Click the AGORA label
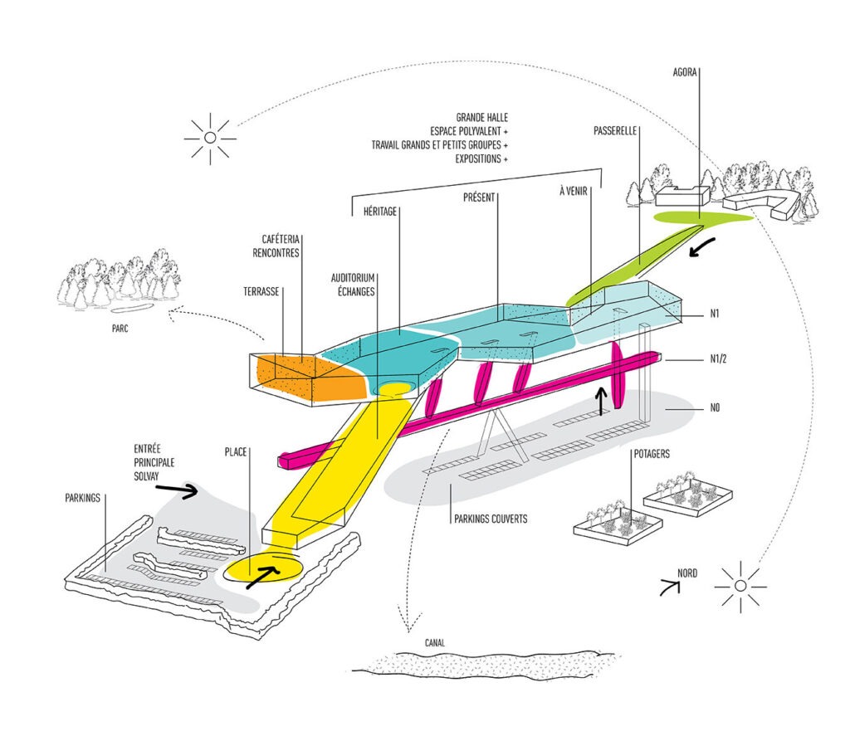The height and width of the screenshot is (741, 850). tap(686, 72)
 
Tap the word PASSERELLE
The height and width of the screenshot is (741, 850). tap(615, 132)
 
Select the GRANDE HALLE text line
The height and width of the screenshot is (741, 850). tap(481, 118)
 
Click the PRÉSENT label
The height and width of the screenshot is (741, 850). tap(480, 197)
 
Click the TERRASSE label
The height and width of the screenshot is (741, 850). tap(262, 292)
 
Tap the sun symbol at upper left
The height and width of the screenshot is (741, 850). tap(210, 137)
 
